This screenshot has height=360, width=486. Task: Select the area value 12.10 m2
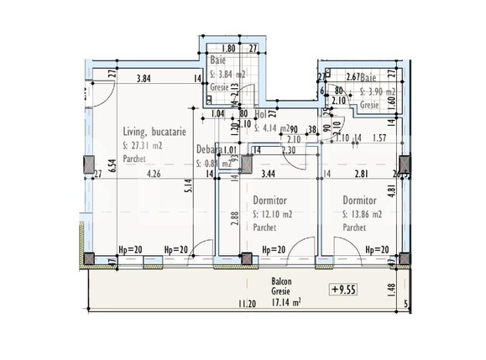click(275, 214)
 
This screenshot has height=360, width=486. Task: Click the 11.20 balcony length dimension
click(246, 303)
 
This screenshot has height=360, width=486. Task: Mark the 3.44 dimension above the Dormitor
click(268, 175)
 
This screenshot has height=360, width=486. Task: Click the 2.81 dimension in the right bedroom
click(361, 175)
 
